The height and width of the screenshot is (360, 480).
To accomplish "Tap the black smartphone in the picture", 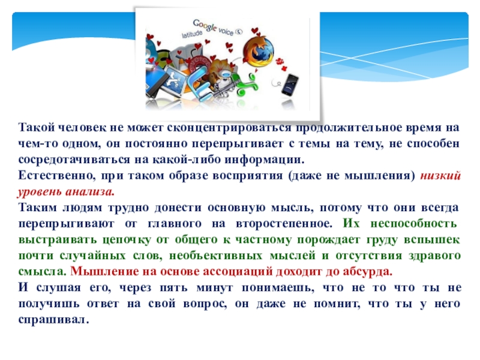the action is click(290, 85).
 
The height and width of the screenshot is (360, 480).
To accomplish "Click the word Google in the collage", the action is click(205, 25).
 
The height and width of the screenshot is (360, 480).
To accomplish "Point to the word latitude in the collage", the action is click(192, 34).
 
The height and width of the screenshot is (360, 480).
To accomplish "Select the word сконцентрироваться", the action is click(229, 127).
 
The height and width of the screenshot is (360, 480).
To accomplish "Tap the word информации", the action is click(265, 160).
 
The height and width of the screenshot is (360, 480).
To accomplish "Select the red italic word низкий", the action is click(440, 175).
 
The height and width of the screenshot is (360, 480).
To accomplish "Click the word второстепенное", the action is click(284, 223).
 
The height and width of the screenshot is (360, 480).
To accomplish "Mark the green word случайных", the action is click(92, 256).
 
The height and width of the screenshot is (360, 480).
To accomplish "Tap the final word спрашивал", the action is click(53, 320).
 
